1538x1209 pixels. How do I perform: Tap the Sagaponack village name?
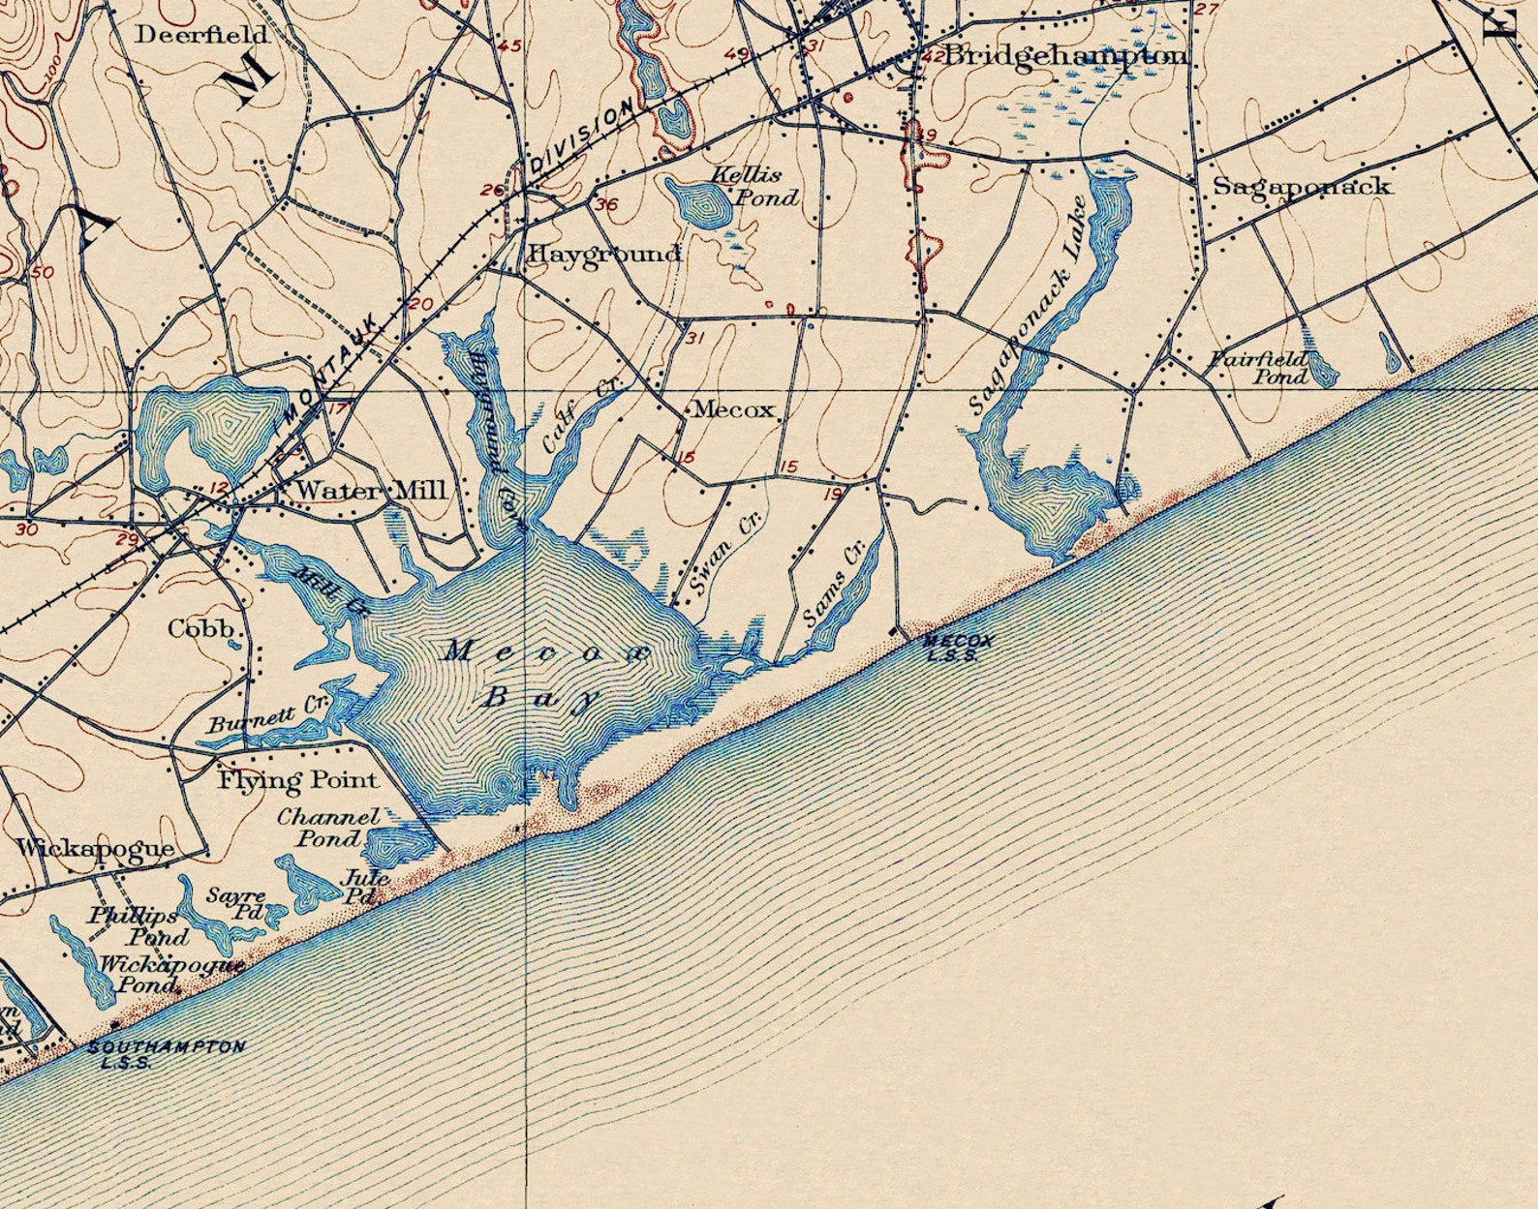[x=1302, y=186]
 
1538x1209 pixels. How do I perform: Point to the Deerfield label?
[x=201, y=35]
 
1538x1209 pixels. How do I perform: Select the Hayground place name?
[x=603, y=254]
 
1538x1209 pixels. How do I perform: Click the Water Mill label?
[x=371, y=490]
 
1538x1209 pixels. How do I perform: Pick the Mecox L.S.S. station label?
[x=958, y=647]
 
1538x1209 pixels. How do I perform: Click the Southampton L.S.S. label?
[x=166, y=1054]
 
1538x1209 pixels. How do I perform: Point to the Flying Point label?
[x=296, y=779]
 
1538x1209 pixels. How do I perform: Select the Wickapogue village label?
[x=95, y=849]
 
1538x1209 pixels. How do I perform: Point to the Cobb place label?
[x=201, y=629]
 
